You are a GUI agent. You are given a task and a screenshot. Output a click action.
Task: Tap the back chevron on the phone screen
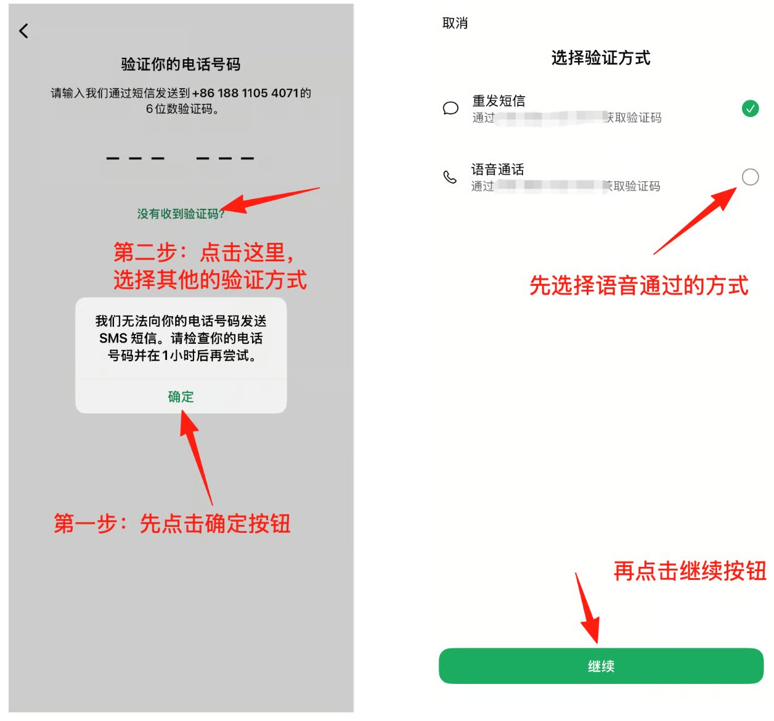[24, 31]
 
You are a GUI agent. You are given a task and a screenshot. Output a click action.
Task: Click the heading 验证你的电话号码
[181, 64]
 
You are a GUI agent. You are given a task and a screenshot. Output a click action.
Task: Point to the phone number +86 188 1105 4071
[245, 93]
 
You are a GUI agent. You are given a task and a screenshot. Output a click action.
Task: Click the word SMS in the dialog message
[113, 338]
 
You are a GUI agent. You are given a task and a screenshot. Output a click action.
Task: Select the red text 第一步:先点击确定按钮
[172, 524]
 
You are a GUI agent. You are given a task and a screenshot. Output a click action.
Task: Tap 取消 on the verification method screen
[455, 23]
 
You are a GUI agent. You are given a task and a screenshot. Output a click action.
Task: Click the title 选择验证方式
[601, 58]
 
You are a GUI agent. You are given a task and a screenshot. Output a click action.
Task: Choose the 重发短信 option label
[499, 100]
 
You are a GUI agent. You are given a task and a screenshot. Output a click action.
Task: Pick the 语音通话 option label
[498, 169]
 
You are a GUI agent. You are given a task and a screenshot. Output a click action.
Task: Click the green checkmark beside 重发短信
[750, 108]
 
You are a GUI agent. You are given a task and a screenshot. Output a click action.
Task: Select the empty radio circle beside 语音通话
[750, 177]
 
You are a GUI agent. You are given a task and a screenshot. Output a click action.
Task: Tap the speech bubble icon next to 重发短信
[450, 108]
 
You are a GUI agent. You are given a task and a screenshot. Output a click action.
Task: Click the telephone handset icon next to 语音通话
[450, 177]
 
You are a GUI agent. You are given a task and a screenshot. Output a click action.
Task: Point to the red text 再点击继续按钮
[690, 571]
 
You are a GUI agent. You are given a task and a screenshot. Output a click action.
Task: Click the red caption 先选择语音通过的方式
[639, 286]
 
